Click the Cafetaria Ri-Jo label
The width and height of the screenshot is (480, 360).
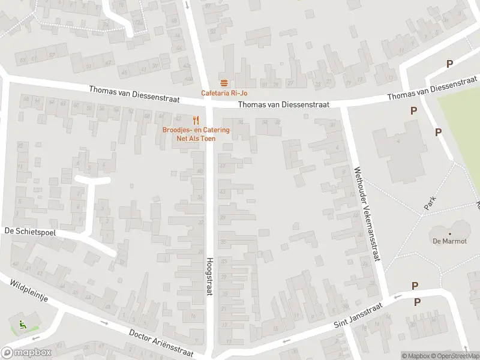pos(224,93)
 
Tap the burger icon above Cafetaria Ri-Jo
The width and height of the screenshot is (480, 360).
pos(224,83)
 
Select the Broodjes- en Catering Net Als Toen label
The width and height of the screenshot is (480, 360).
pos(196,134)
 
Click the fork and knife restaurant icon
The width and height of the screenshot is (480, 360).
pos(196,120)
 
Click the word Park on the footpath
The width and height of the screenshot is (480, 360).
pos(430,202)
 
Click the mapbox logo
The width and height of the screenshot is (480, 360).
pos(25,353)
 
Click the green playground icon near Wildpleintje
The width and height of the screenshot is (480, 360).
pos(23,325)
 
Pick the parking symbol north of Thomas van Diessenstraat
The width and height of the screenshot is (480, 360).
pos(449,64)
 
